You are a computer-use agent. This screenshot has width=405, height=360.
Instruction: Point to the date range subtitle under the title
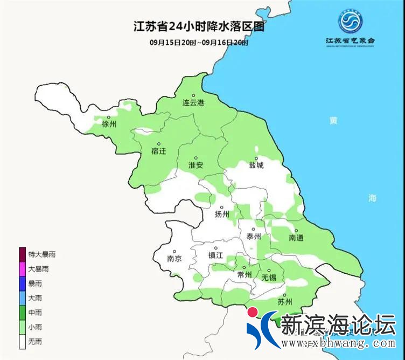click(199, 43)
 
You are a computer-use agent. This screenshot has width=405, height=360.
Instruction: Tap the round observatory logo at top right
click(350, 21)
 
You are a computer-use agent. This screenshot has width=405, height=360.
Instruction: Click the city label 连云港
click(193, 102)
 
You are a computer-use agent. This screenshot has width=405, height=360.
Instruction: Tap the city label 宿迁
click(158, 151)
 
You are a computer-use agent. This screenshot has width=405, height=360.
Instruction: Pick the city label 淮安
click(195, 165)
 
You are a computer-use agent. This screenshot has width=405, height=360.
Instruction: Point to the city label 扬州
click(222, 214)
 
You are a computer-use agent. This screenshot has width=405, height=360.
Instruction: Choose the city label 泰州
click(253, 237)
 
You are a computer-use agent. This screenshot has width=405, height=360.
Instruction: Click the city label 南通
click(296, 238)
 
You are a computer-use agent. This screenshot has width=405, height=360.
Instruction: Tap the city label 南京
click(174, 259)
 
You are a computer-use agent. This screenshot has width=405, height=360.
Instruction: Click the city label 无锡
click(269, 278)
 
